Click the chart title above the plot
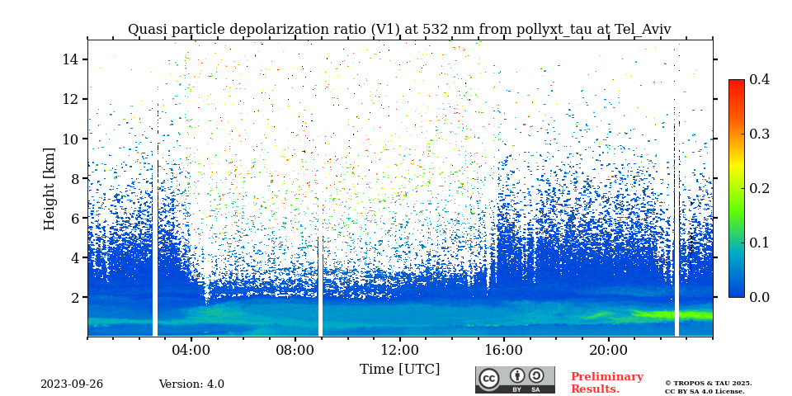click(x=399, y=30)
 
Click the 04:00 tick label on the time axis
click(x=191, y=350)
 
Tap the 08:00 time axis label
click(x=295, y=350)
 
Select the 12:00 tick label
click(x=399, y=350)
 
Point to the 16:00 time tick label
click(x=504, y=350)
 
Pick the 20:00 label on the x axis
click(x=608, y=350)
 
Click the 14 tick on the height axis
click(x=70, y=59)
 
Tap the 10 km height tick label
click(x=70, y=139)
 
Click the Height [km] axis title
click(x=49, y=188)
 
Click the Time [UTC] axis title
click(x=399, y=369)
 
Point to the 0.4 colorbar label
click(x=759, y=79)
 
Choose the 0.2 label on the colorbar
click(x=759, y=188)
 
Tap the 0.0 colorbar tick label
click(x=759, y=297)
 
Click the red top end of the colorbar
click(x=736, y=83)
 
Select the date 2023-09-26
click(x=72, y=384)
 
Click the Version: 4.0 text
click(x=191, y=384)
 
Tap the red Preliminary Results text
click(x=606, y=383)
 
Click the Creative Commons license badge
click(x=515, y=379)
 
